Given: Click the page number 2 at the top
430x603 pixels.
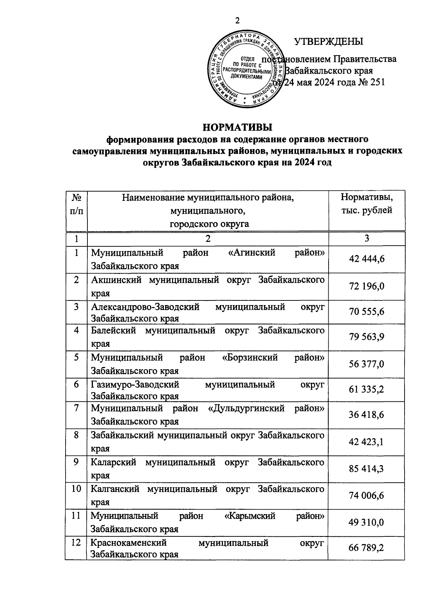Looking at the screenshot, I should (237, 21).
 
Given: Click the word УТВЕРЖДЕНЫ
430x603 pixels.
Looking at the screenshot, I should (328, 42).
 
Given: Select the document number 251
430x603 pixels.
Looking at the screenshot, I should (376, 82).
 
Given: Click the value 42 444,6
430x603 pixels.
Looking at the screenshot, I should (366, 259).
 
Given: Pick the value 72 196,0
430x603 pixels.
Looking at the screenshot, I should (366, 286).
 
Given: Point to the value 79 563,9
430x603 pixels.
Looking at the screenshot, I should (366, 337).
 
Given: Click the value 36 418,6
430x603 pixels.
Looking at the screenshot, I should (366, 415).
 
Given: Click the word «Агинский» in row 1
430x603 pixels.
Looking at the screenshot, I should (252, 253).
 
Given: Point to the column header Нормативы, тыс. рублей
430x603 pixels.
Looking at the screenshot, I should (366, 203).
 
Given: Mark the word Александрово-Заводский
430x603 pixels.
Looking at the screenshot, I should (145, 307).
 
